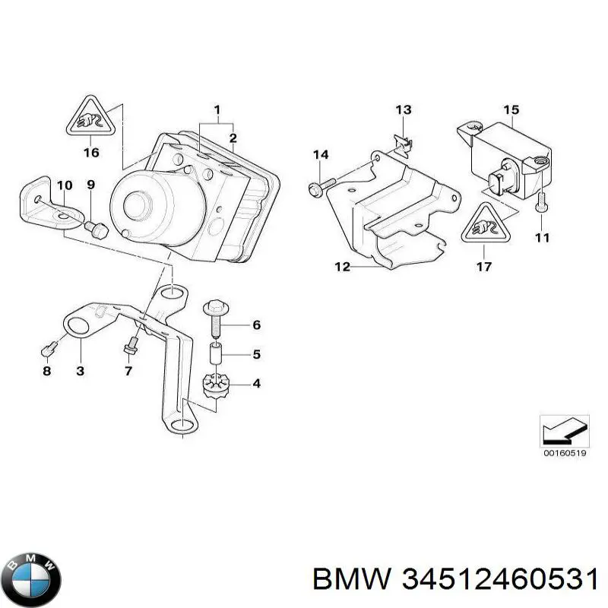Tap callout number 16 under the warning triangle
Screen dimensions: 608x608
(91, 153)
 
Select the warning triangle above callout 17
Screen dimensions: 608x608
(484, 223)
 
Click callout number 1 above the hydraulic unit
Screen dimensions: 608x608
(217, 109)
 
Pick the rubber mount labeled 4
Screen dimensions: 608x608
(217, 385)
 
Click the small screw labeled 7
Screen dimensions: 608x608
(131, 344)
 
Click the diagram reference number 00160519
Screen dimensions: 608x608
(564, 453)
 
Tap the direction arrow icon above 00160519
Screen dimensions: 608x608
(564, 432)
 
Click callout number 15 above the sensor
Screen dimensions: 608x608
(511, 109)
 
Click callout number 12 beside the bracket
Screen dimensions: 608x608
(343, 267)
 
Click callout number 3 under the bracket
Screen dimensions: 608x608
(81, 371)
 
